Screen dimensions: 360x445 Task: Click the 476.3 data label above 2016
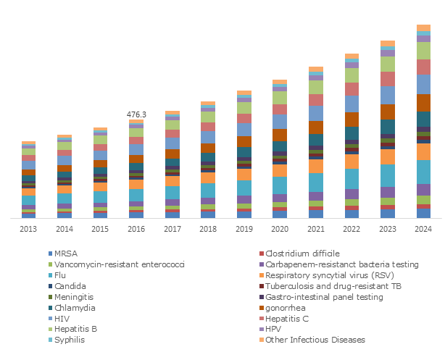(x=136, y=114)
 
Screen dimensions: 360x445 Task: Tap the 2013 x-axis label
(x=29, y=228)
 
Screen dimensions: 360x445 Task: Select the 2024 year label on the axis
(x=423, y=228)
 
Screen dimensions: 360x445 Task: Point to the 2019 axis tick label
(x=244, y=228)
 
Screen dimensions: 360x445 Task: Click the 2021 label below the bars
(x=316, y=228)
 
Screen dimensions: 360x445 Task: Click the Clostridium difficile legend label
(x=301, y=254)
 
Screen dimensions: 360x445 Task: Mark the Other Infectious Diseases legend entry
(x=314, y=340)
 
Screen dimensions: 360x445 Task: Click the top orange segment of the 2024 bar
(x=424, y=28)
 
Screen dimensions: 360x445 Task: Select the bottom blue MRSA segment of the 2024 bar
(x=424, y=213)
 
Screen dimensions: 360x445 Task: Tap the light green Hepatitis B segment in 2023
(x=388, y=64)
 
